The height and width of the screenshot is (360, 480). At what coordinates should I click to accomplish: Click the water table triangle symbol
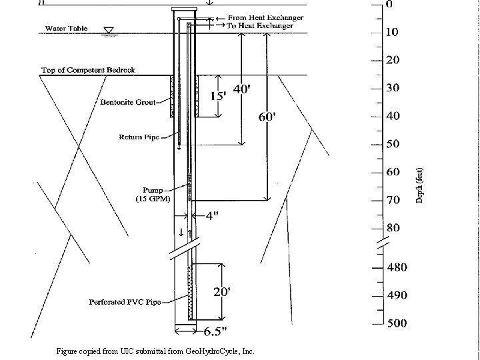point(109,30)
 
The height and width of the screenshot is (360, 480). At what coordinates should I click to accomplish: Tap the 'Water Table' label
point(66,29)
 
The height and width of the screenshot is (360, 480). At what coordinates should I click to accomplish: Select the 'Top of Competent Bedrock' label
point(88,70)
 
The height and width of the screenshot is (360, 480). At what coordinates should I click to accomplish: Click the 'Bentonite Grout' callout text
point(128,102)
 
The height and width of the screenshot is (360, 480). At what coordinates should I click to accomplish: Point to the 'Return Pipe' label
point(139,137)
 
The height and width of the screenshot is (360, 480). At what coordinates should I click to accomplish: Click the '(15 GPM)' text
point(153,199)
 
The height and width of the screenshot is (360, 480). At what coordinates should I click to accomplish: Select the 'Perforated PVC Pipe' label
point(125,302)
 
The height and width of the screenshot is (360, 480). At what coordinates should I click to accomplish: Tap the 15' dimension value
point(218,96)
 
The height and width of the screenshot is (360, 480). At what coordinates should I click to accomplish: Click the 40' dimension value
point(242,89)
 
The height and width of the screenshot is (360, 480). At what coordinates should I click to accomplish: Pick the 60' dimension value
point(267,117)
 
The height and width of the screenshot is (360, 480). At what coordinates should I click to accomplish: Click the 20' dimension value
point(222,292)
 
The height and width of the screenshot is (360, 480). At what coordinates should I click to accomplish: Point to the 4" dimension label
point(212,216)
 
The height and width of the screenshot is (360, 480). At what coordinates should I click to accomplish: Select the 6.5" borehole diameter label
point(215,331)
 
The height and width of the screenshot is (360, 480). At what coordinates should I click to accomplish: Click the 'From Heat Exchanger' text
point(266,18)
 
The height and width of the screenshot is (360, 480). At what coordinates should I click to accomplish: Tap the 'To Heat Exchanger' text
point(260,26)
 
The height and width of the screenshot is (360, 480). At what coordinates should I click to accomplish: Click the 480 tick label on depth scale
point(397,267)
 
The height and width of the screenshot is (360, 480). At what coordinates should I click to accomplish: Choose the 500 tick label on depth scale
point(397,323)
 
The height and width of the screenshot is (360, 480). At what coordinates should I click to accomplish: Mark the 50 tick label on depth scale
point(393,144)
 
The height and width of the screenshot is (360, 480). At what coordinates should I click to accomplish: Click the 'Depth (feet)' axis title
point(419,185)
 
